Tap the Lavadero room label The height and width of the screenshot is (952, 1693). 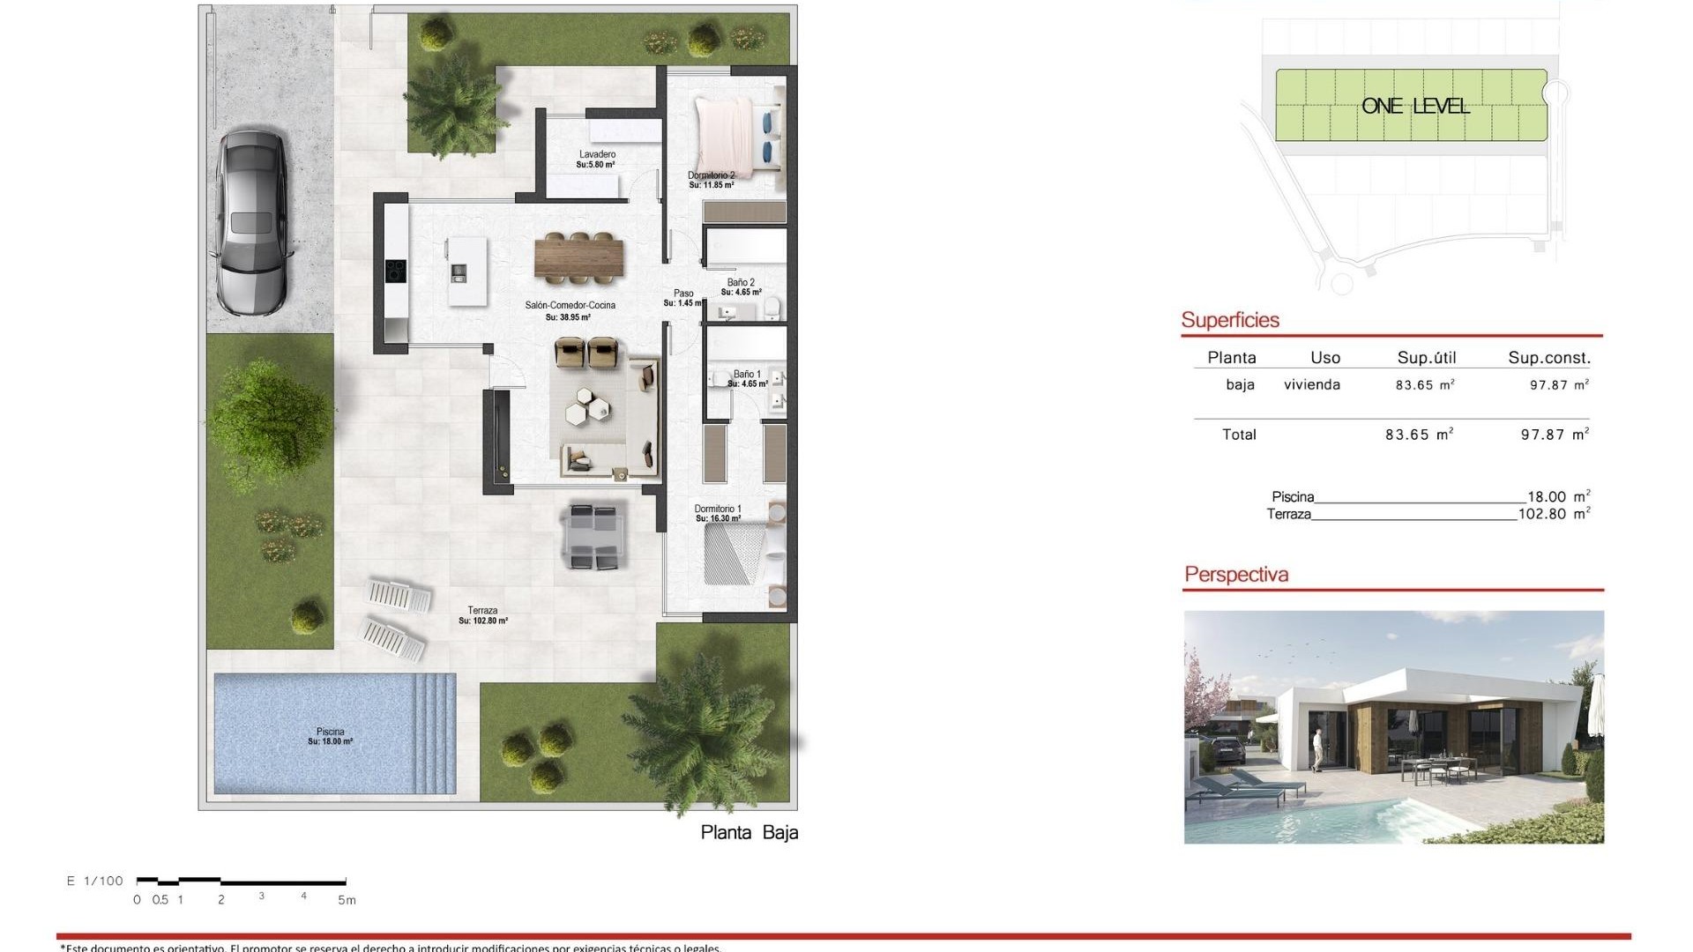click(x=597, y=155)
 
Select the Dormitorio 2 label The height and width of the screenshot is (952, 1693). click(x=711, y=176)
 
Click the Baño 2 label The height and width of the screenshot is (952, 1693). click(x=741, y=283)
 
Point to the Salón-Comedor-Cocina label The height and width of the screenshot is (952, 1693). click(x=570, y=306)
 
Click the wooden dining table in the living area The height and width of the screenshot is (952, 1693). click(x=578, y=257)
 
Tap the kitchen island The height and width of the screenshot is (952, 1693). click(x=466, y=271)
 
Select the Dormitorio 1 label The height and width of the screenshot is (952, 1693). click(x=718, y=509)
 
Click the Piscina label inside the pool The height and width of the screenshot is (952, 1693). click(x=331, y=733)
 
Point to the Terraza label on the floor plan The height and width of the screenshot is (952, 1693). click(x=483, y=611)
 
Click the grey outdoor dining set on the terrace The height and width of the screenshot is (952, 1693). click(x=596, y=535)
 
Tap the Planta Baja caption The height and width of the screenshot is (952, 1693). click(x=750, y=833)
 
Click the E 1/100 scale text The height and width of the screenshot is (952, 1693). click(x=95, y=881)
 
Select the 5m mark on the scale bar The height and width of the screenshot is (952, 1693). click(x=347, y=900)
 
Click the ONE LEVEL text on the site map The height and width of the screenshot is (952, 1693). click(x=1415, y=107)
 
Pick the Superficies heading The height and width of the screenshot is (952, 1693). click(x=1230, y=320)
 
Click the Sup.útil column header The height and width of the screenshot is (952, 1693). click(x=1427, y=358)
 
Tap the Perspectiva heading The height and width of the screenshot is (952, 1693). click(x=1236, y=575)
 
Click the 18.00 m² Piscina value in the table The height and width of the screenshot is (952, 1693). click(x=1558, y=497)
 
